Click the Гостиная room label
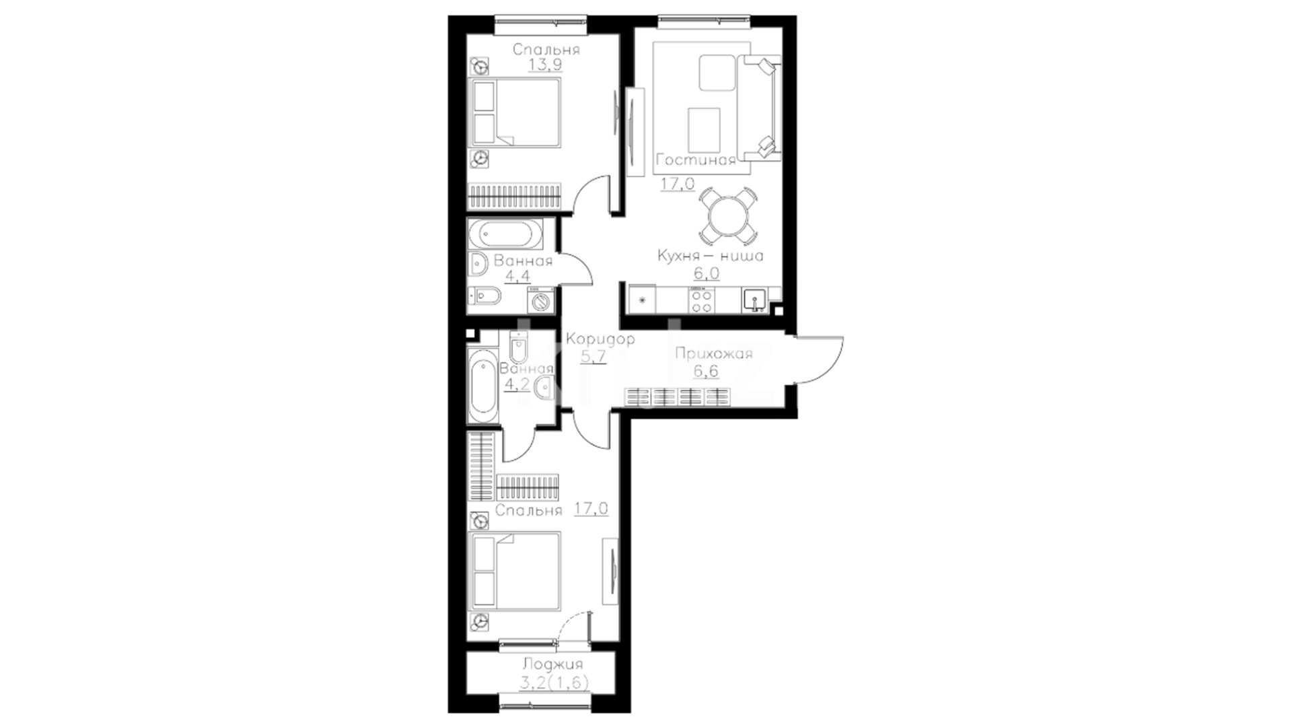point(695,160)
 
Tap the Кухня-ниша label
point(710,256)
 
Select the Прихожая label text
point(713,354)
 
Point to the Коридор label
point(600,339)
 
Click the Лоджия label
point(552,665)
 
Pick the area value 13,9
point(545,65)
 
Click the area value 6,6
point(705,372)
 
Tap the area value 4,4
point(517,276)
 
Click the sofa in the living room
point(759,108)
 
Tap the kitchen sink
point(754,300)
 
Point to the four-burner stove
point(701,300)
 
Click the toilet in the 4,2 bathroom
point(519,349)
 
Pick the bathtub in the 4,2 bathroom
point(483,386)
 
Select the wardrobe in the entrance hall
point(678,397)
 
